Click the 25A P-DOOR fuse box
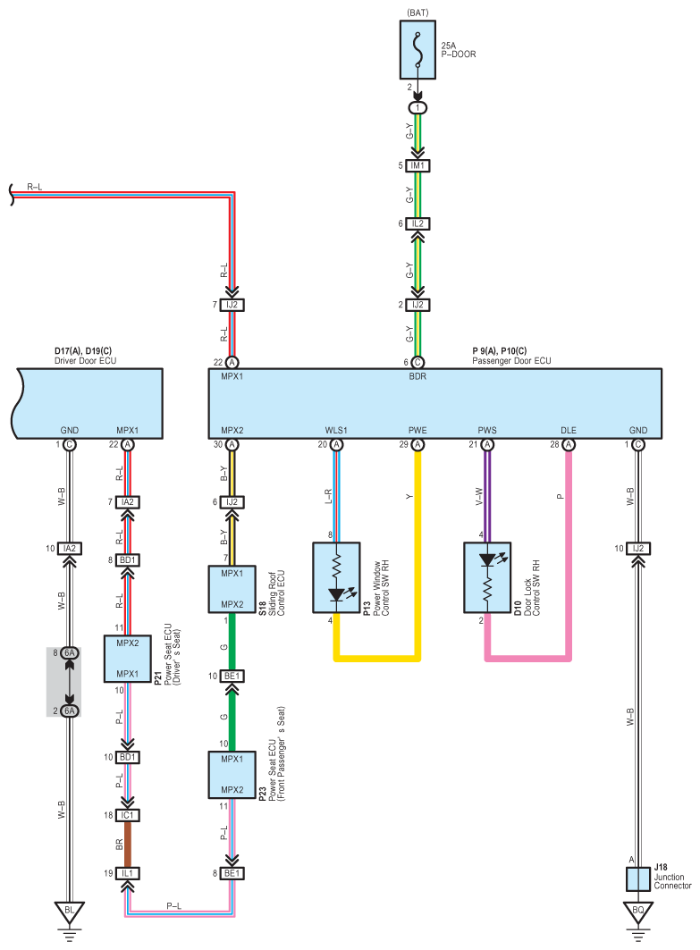click(417, 50)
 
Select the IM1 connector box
click(417, 165)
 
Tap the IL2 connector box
click(417, 223)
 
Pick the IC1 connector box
click(127, 815)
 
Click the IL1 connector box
click(127, 874)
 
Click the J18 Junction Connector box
click(638, 879)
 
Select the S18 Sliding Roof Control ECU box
click(232, 589)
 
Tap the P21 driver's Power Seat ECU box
click(127, 659)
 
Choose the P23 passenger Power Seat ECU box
click(232, 775)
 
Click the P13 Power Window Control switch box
click(336, 577)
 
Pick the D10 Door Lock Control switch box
click(487, 577)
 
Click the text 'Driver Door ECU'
click(86, 360)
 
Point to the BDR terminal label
click(417, 376)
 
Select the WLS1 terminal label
click(336, 430)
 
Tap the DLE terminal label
click(569, 430)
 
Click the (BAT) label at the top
click(417, 13)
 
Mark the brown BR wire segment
click(127, 845)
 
